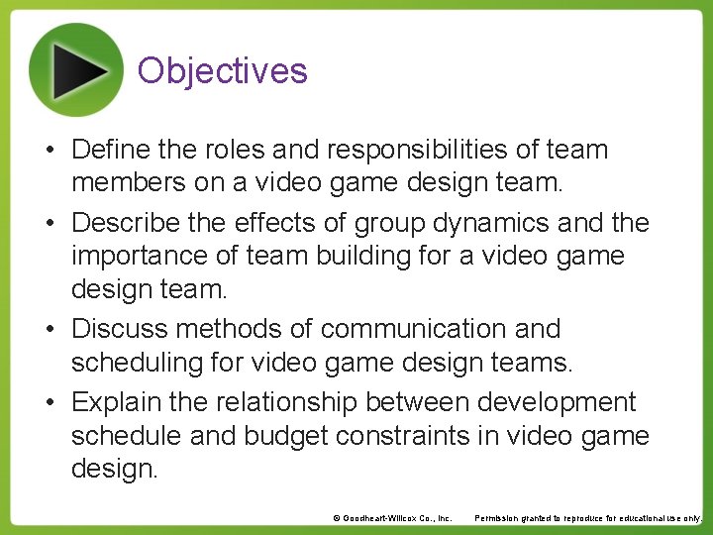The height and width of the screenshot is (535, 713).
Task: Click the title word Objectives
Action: coord(223,71)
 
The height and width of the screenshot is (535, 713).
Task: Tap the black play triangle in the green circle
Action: coord(79,69)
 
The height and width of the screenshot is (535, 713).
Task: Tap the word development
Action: coord(557,402)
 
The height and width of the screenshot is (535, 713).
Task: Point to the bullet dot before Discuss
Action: coord(57,329)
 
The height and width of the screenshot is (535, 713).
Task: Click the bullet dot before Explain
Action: coord(57,402)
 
